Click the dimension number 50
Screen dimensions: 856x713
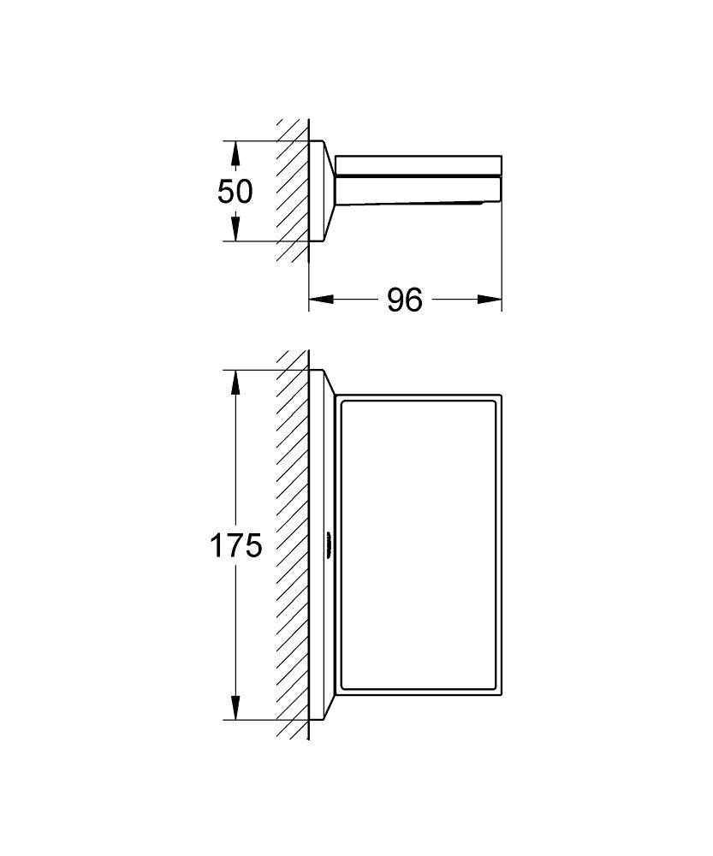235,191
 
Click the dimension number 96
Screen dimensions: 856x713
404,300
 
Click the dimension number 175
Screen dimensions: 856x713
235,544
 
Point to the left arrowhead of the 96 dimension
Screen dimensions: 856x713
319,299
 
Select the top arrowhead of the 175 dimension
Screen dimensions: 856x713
235,382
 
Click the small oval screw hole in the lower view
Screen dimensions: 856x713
328,544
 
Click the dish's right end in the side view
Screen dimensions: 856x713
499,180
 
